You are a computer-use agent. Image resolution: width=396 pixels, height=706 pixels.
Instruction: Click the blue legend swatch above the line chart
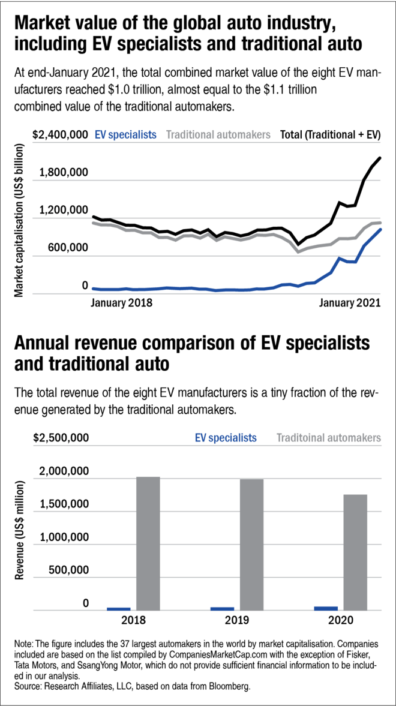[130, 134]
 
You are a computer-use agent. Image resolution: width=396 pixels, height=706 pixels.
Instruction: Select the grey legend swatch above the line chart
[223, 134]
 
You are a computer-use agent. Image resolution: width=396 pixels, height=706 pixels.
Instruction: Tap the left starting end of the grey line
[93, 223]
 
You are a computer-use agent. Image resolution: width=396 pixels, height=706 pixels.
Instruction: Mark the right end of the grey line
[380, 223]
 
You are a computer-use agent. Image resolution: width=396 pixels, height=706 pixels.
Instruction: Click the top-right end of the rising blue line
[381, 229]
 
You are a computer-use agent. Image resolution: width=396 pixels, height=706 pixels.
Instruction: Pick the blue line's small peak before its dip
[340, 259]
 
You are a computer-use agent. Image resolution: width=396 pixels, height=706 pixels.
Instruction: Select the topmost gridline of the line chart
[206, 143]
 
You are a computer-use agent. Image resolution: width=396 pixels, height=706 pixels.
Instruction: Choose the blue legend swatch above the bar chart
[235, 438]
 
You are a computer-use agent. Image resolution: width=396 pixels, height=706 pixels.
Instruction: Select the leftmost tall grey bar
[148, 543]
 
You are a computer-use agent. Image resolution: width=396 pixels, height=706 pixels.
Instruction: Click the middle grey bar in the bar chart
[251, 544]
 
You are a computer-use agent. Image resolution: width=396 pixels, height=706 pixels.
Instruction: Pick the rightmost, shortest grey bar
[355, 552]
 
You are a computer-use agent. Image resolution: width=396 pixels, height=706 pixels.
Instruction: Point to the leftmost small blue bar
[119, 609]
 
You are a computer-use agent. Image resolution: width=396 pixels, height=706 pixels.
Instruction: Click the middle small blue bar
[222, 609]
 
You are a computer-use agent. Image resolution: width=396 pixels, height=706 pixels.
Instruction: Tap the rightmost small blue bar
[326, 608]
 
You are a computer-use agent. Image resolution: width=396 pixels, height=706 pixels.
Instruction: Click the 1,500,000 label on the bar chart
[64, 503]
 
